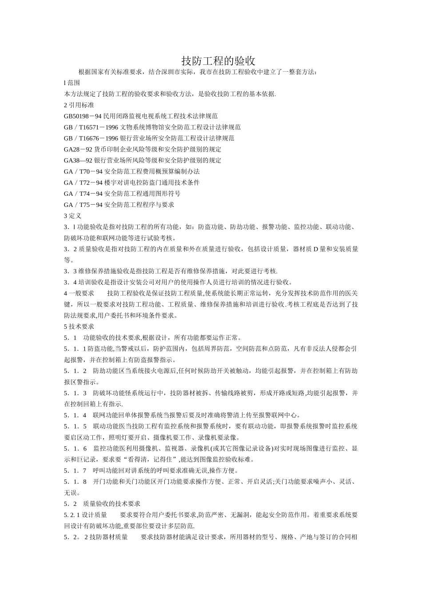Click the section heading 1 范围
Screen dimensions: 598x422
[72, 83]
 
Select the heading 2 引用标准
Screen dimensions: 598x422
[79, 105]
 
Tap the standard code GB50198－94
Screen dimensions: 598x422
[83, 116]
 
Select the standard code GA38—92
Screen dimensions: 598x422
[78, 161]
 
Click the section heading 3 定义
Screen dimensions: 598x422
[73, 216]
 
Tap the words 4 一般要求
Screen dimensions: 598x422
[79, 293]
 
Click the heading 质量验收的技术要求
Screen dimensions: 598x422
[112, 504]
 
